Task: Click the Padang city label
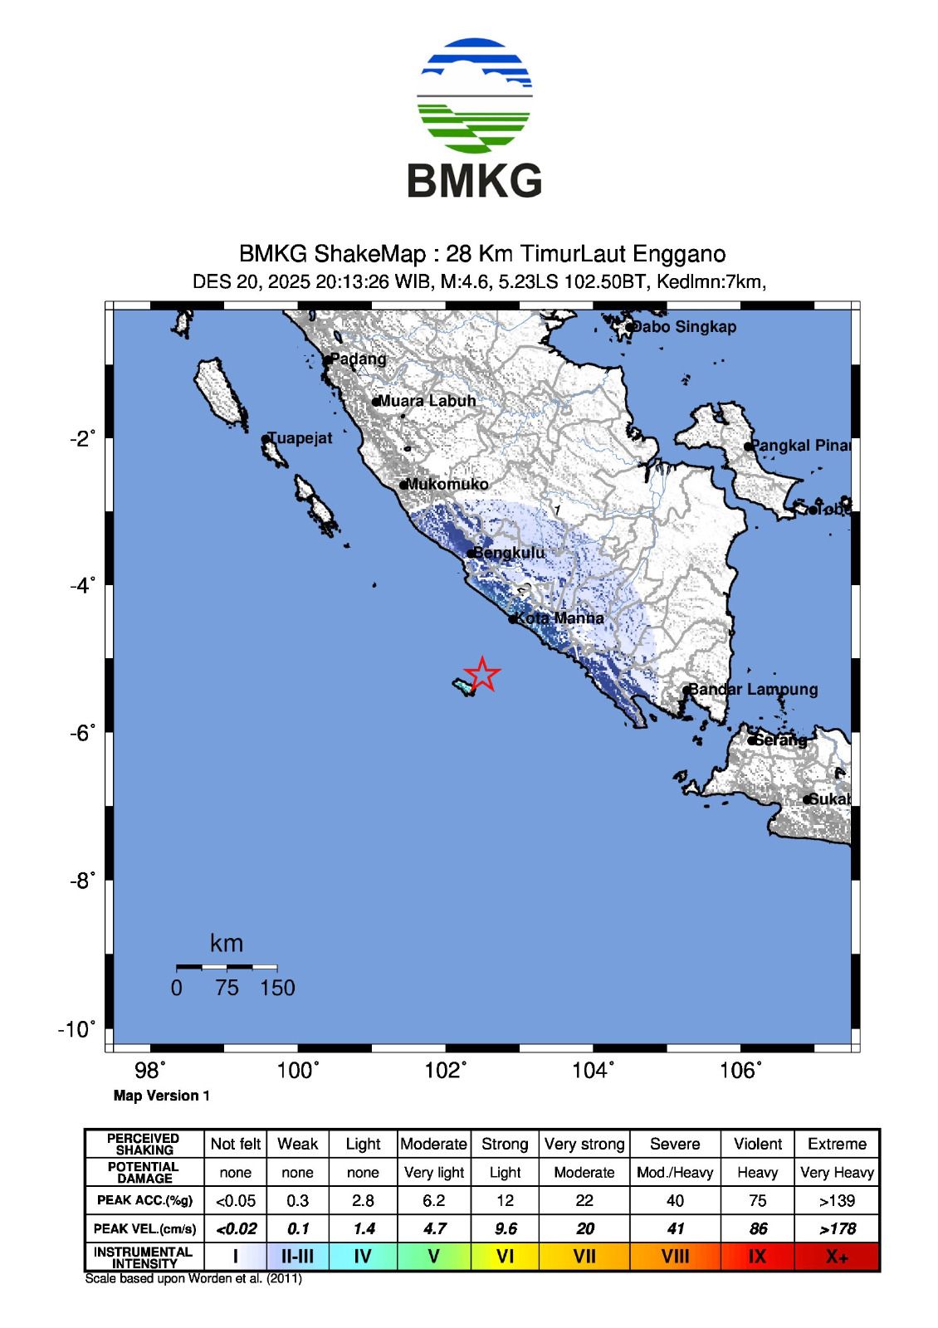tap(358, 359)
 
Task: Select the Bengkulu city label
tap(509, 553)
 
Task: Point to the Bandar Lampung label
tap(754, 689)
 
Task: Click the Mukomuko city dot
tap(403, 486)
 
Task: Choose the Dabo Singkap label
tap(684, 327)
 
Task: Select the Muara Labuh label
tap(427, 401)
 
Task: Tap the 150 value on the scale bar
tap(277, 988)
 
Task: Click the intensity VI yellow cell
tap(505, 1257)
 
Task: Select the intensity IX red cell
tap(757, 1257)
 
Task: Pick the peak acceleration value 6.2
tap(433, 1200)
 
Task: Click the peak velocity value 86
tap(757, 1228)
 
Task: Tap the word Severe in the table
tap(675, 1144)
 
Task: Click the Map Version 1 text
tap(162, 1096)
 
